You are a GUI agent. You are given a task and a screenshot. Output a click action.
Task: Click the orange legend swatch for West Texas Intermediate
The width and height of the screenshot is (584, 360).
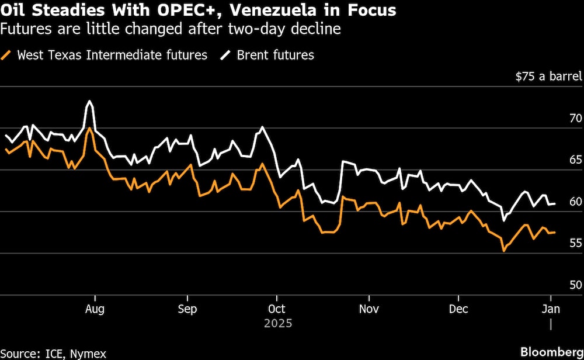[8, 56]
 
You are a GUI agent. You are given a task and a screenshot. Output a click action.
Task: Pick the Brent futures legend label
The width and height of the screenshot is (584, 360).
[275, 56]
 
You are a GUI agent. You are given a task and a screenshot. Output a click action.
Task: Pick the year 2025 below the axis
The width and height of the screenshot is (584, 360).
[276, 323]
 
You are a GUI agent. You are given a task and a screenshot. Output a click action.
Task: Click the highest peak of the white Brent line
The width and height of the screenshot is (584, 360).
[89, 101]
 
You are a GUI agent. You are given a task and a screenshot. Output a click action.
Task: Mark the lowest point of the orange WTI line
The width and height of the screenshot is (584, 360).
[503, 251]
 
